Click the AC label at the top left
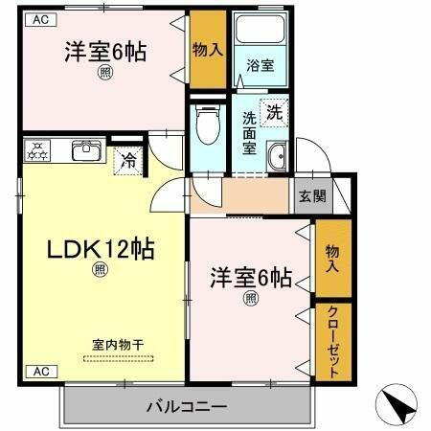click(x=41, y=18)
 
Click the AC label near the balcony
click(x=41, y=371)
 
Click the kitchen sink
click(x=85, y=149)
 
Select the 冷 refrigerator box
click(x=128, y=160)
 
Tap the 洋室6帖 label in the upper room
click(x=105, y=52)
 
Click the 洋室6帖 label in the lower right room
click(x=251, y=279)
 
